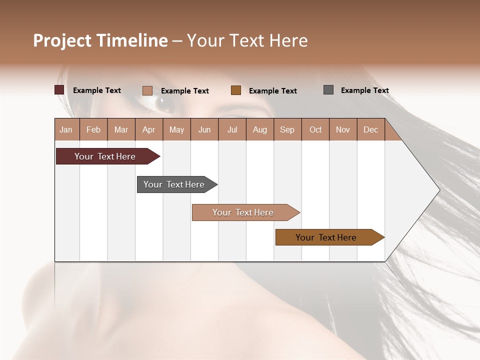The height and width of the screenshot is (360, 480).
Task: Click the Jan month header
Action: click(x=66, y=129)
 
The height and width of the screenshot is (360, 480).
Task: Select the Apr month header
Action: click(x=149, y=129)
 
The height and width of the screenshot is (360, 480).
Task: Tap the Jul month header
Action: click(x=232, y=129)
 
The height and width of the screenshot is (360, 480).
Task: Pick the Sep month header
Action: click(x=287, y=129)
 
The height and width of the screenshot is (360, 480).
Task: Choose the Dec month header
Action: click(x=370, y=129)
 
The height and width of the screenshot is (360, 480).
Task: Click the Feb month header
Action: click(x=93, y=129)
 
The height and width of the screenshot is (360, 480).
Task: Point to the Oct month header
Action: click(x=315, y=129)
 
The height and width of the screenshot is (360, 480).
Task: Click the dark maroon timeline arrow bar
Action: click(x=105, y=156)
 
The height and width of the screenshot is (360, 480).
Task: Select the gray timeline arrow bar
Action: click(x=174, y=184)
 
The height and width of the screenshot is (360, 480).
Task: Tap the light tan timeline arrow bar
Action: click(x=243, y=212)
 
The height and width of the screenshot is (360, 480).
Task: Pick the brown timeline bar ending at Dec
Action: click(x=326, y=237)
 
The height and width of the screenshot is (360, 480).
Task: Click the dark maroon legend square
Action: click(x=59, y=90)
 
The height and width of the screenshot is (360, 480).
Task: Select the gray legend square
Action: click(x=328, y=90)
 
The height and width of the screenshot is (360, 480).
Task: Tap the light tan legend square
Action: click(x=147, y=90)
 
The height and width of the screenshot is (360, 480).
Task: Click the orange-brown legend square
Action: click(x=236, y=90)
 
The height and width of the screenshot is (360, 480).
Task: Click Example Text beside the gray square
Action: click(x=364, y=90)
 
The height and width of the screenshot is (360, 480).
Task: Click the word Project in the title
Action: click(x=62, y=41)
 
